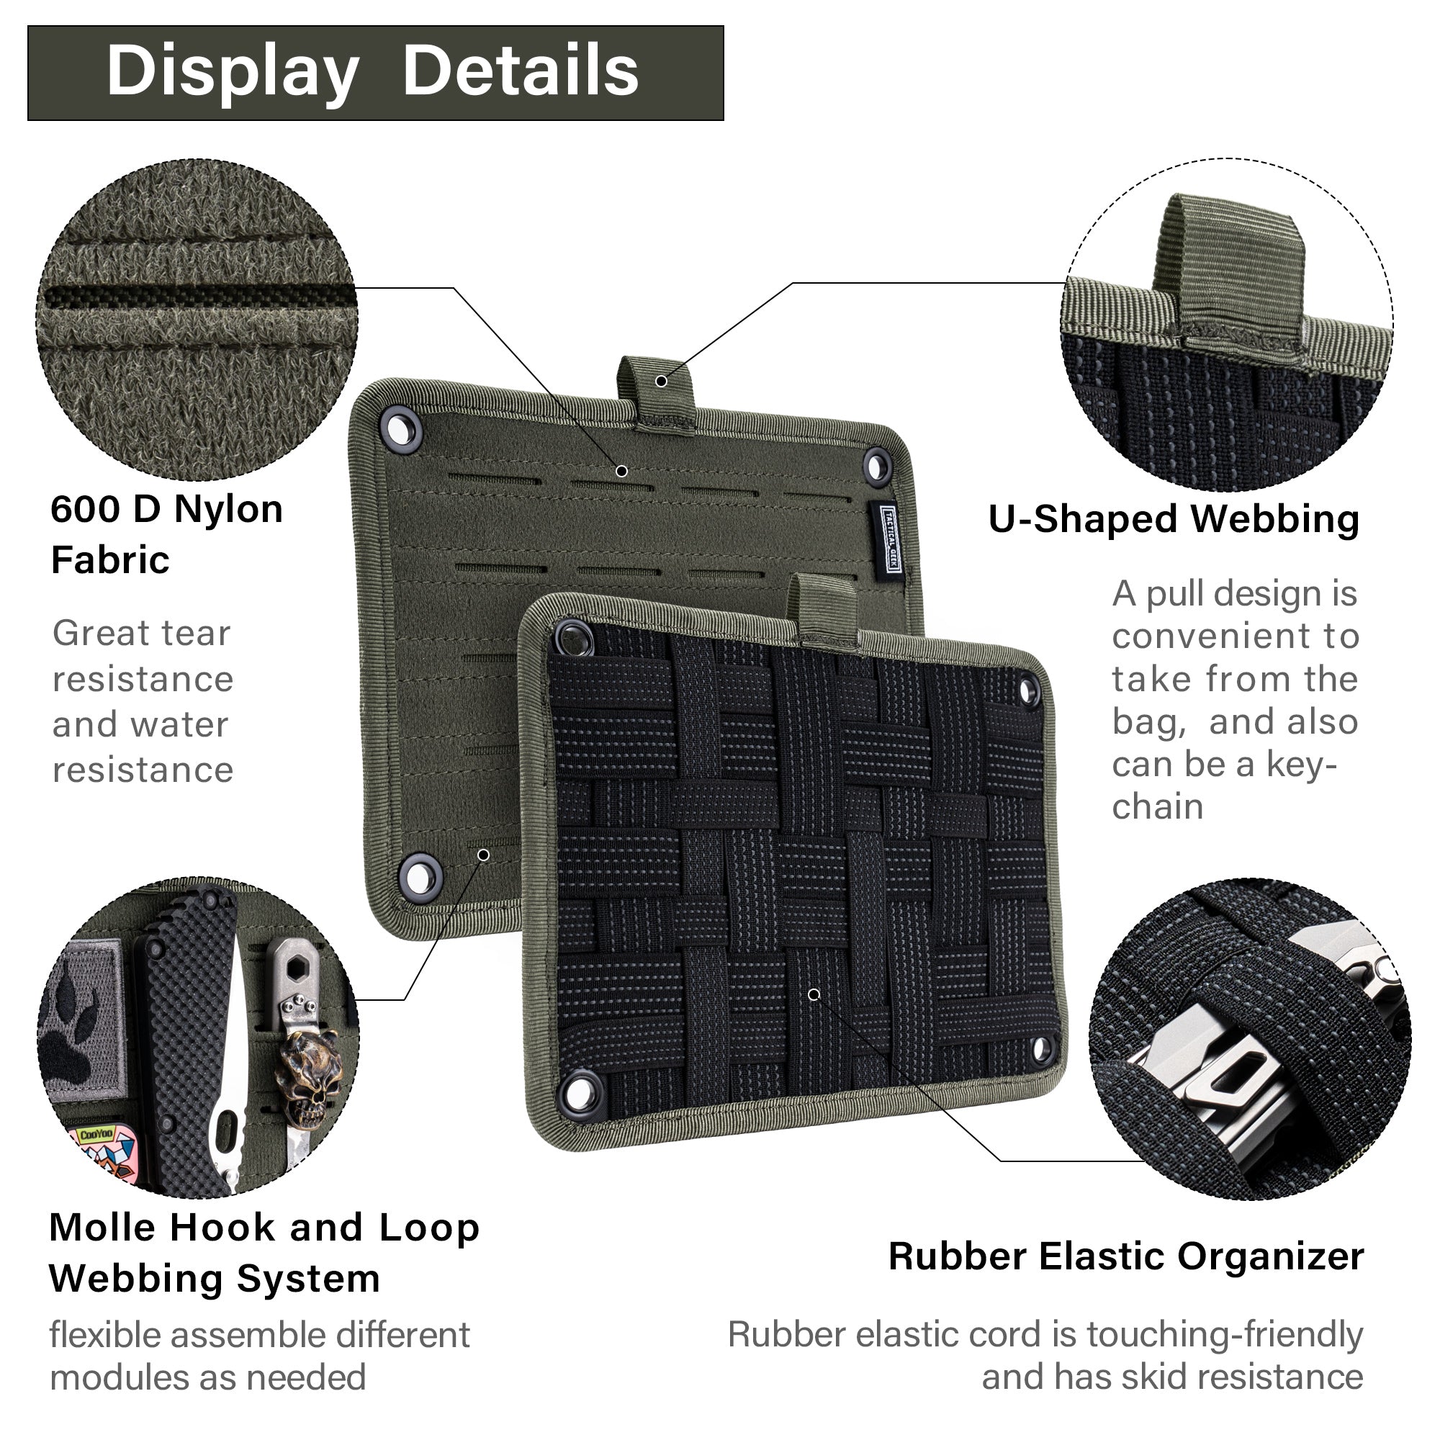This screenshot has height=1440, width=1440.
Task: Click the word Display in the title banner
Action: [233, 72]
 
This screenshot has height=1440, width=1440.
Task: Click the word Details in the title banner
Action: [521, 72]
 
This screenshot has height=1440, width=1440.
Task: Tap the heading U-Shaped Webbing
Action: [1174, 520]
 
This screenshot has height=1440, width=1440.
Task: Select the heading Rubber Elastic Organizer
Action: [1125, 1257]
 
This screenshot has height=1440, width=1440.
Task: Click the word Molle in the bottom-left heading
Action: [104, 1228]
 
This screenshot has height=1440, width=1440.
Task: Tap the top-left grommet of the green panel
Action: [401, 428]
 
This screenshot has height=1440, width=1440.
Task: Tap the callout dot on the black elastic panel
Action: [814, 995]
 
